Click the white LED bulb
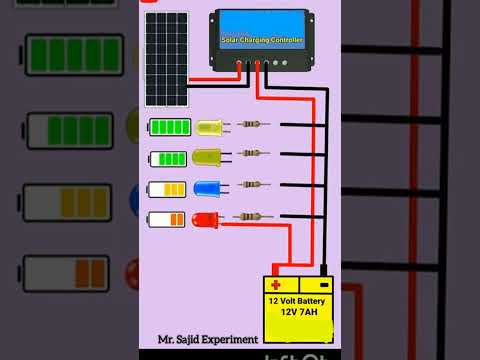[210, 127]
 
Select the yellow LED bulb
[207, 156]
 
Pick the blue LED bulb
[207, 187]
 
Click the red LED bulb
[205, 219]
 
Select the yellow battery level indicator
[166, 188]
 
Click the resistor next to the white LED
[254, 125]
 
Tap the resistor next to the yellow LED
[254, 154]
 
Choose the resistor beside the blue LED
[254, 185]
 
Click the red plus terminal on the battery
[276, 285]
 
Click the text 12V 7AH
[297, 313]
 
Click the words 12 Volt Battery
[298, 300]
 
